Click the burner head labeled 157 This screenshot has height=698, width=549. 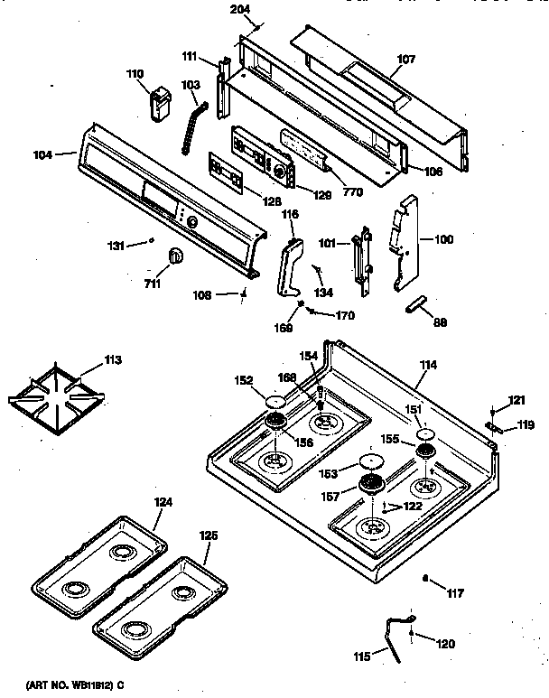pyautogui.click(x=369, y=487)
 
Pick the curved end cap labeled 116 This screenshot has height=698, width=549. pyautogui.click(x=288, y=267)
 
